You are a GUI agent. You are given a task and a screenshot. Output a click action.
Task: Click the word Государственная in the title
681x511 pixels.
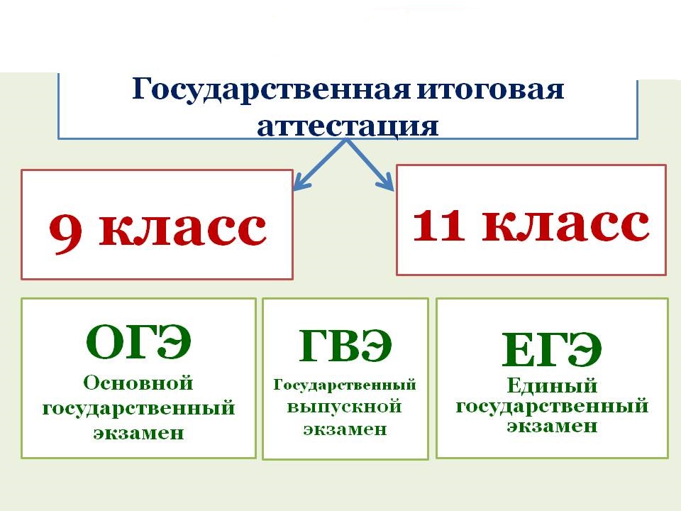[x=271, y=90]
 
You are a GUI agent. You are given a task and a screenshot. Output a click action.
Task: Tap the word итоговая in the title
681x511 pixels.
[x=491, y=89]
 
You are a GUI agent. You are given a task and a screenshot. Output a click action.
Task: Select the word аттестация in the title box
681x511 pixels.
[x=348, y=126]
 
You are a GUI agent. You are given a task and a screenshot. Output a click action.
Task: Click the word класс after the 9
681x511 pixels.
[x=182, y=229]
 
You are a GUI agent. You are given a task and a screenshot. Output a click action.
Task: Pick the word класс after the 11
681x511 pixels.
[x=566, y=225]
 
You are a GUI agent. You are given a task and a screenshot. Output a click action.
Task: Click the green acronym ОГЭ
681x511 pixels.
[x=138, y=341]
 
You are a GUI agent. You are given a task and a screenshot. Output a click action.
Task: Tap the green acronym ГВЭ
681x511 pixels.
[x=345, y=346]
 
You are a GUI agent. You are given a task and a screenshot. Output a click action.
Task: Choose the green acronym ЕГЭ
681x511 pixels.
[x=552, y=349]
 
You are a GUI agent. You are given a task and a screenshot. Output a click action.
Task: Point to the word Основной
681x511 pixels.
[x=138, y=383]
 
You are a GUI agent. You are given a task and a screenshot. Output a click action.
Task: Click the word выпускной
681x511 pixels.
[x=344, y=407]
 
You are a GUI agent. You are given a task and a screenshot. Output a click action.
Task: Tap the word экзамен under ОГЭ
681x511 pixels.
[x=138, y=433]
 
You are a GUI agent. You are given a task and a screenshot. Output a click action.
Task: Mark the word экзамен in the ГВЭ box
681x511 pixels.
[x=345, y=429]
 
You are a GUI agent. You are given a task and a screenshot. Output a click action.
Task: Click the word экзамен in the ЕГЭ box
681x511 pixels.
[x=552, y=426]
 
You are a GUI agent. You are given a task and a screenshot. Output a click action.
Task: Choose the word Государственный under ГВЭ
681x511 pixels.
[x=345, y=386]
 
